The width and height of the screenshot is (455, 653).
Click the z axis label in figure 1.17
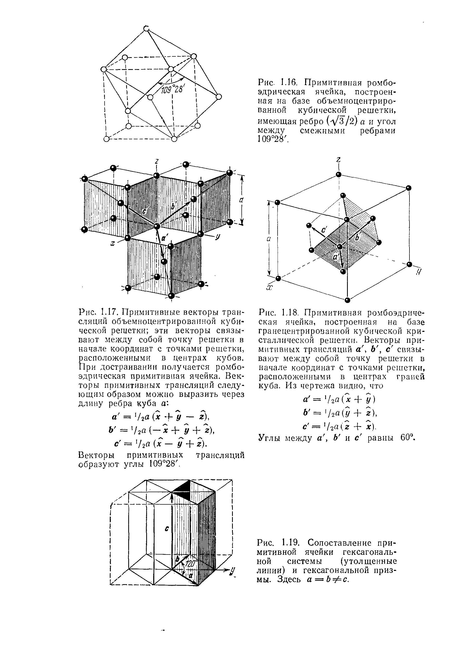156,162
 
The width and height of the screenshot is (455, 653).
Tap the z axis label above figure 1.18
338,160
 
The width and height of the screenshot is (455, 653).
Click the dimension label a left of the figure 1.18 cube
268,239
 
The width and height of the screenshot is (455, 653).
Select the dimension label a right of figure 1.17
241,200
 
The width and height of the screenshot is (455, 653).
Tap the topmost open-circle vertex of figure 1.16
146,28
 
